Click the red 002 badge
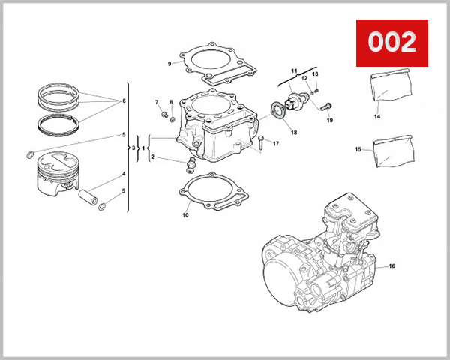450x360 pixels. (x=390, y=41)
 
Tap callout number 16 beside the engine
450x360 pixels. (x=391, y=266)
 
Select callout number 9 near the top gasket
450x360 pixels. (x=169, y=64)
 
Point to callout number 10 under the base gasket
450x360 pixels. (x=185, y=216)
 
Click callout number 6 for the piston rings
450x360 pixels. (x=123, y=100)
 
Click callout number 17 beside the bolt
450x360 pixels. (x=275, y=143)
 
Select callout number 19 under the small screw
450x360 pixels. (x=329, y=120)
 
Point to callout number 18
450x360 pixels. (x=293, y=133)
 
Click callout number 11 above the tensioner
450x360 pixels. (x=294, y=70)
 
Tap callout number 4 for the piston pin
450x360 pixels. (x=123, y=175)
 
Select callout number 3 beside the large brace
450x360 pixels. (x=133, y=148)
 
